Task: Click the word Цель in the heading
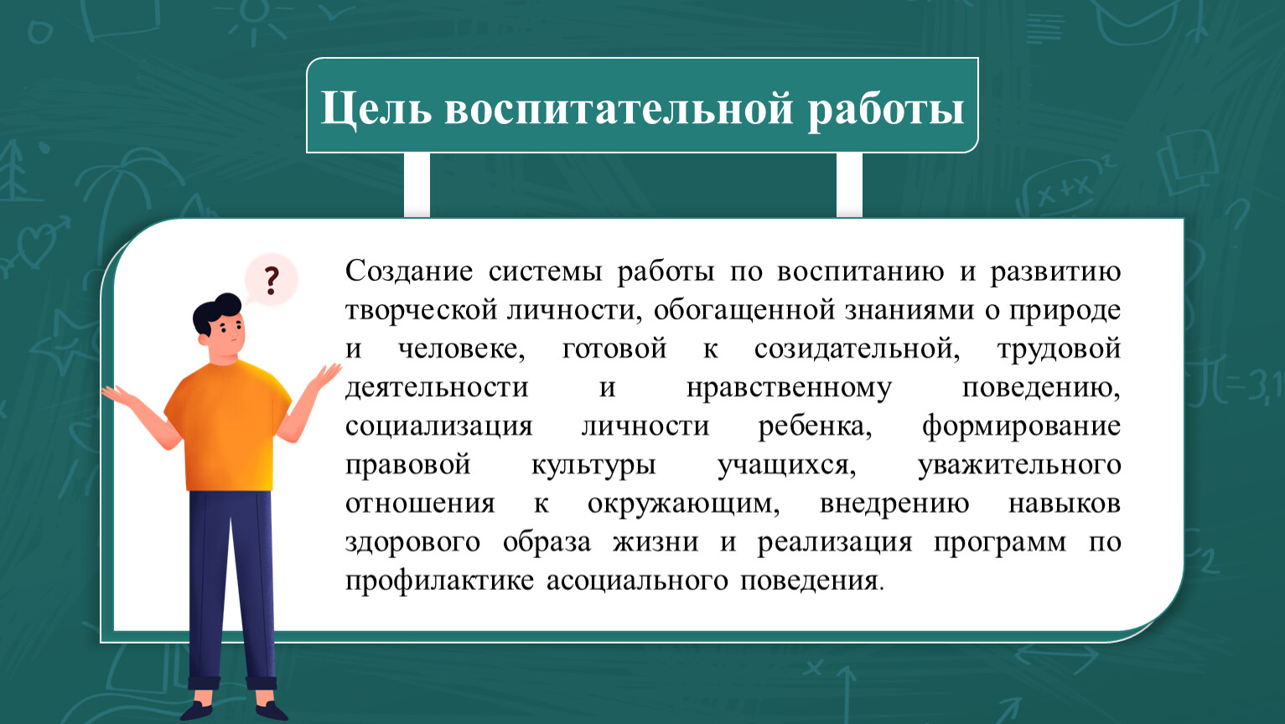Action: pos(376,109)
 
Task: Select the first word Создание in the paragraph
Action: pos(409,270)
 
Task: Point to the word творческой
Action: pos(421,311)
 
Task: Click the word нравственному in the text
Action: pos(790,388)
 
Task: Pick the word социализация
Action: pos(439,427)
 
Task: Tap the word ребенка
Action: pos(815,426)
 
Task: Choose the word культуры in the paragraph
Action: pos(593,466)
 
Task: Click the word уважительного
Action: pos(1019,466)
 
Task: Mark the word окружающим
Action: pos(684,504)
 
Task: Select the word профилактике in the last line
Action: pos(439,582)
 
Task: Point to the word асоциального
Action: pos(637,582)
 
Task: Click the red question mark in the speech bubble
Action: pos(272,281)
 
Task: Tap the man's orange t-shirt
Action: pos(228,426)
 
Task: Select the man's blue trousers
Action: pos(231,585)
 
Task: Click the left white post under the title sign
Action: pos(417,185)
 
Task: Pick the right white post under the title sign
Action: pos(849,185)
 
